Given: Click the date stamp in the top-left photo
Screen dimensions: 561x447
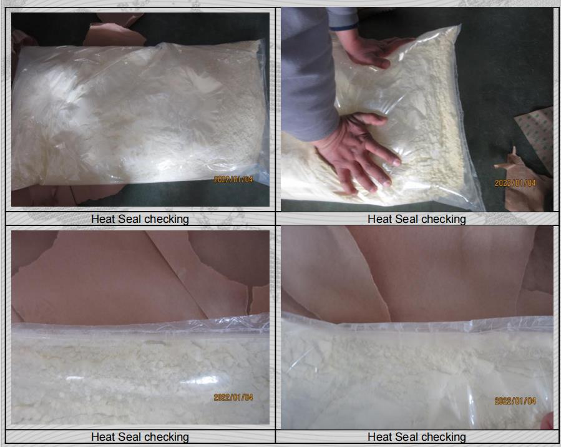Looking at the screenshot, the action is [233, 179].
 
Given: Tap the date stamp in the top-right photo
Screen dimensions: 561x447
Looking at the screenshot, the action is [515, 184].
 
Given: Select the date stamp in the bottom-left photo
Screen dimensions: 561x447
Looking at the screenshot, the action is [233, 397].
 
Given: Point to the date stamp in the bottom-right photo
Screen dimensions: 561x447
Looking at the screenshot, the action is [515, 401].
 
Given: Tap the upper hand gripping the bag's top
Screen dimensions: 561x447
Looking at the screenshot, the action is [372, 49].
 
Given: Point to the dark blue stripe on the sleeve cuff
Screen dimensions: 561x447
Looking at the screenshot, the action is [344, 27].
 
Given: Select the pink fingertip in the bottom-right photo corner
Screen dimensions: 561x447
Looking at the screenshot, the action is [548, 421].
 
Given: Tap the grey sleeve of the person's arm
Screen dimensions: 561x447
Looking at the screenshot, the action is [308, 72].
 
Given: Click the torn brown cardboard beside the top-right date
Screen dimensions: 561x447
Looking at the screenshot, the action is [522, 186].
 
